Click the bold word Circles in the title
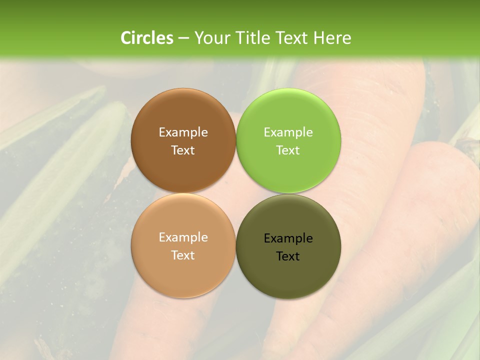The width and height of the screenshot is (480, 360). pyautogui.click(x=146, y=38)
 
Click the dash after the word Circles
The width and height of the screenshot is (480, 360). pyautogui.click(x=183, y=38)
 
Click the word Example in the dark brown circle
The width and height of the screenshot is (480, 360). pyautogui.click(x=183, y=132)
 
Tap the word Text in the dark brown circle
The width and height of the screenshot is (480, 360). pyautogui.click(x=183, y=150)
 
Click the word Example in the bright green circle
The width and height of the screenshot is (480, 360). pyautogui.click(x=288, y=132)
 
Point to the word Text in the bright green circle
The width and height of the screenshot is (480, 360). pyautogui.click(x=288, y=150)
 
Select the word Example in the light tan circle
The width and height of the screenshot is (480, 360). pyautogui.click(x=183, y=237)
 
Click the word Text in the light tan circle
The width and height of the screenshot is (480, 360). pyautogui.click(x=183, y=255)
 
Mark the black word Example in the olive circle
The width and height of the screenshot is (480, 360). pyautogui.click(x=288, y=238)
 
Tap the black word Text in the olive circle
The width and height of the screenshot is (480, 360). pyautogui.click(x=288, y=256)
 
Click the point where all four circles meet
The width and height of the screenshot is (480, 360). pyautogui.click(x=236, y=193)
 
